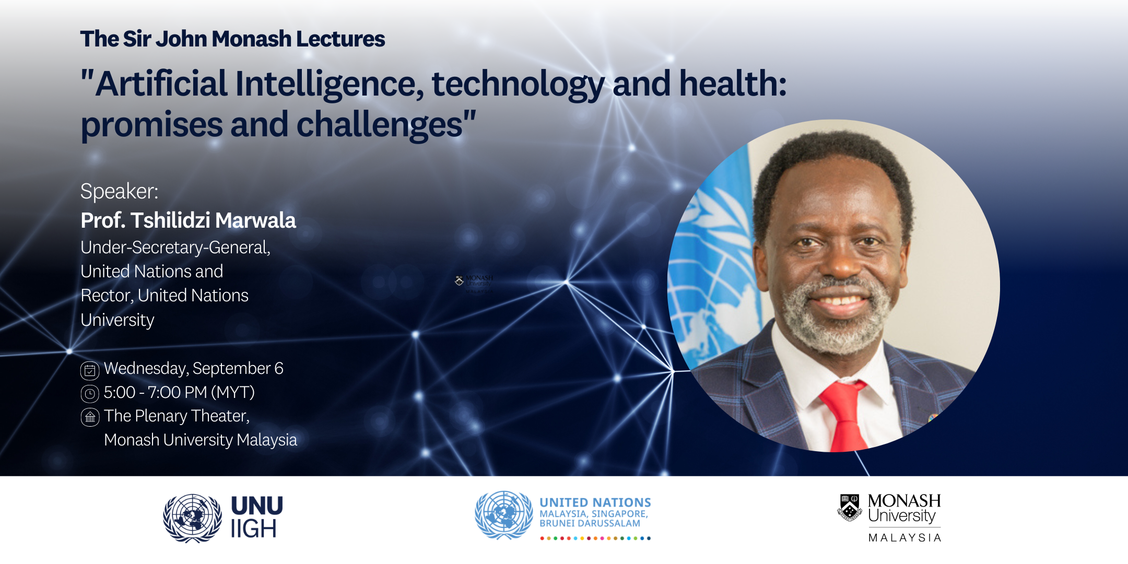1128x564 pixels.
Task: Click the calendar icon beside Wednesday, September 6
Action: tap(90, 370)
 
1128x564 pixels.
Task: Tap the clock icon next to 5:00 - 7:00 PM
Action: tap(90, 393)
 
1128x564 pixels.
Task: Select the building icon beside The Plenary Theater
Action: tap(90, 417)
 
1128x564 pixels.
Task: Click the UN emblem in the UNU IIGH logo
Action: tap(192, 518)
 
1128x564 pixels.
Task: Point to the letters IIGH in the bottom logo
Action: tap(253, 530)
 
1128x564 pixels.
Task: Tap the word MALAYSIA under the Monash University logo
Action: tap(905, 538)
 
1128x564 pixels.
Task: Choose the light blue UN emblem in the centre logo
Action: tap(503, 515)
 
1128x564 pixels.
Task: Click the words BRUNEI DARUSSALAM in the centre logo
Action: tap(590, 523)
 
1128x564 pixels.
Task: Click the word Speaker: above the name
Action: tap(119, 191)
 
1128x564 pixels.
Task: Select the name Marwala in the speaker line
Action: tap(255, 220)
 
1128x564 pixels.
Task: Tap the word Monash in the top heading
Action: tap(251, 39)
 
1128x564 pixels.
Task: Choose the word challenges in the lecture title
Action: tap(379, 125)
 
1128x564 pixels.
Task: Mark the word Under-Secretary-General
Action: tap(175, 248)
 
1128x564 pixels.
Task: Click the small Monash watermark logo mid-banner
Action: tap(474, 283)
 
